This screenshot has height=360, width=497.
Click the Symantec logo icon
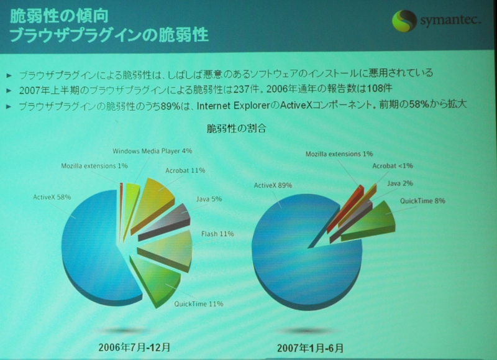404,21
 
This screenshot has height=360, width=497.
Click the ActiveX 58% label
52,197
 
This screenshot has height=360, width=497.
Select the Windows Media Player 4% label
152,151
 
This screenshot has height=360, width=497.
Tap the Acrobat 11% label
185,170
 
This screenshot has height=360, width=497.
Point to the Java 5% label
209,199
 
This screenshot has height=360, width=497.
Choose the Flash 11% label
217,234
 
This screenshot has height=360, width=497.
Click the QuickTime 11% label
199,304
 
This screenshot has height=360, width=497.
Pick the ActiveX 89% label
273,185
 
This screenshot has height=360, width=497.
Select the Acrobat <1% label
393,166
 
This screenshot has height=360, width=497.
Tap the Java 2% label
400,183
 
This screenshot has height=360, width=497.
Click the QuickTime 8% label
422,201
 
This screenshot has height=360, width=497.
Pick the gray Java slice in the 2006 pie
166,222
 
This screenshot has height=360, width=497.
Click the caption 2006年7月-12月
134,348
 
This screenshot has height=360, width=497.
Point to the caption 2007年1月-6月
310,348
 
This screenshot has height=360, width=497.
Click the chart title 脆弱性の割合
237,129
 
